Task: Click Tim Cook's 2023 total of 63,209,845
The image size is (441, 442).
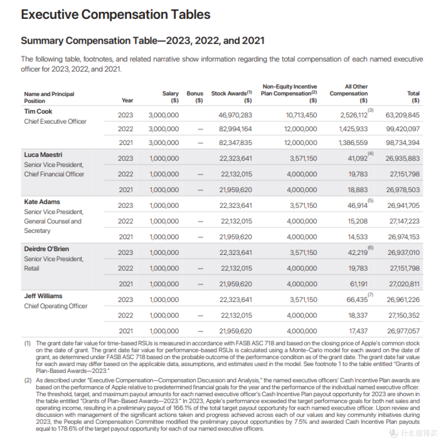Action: pyautogui.click(x=402, y=115)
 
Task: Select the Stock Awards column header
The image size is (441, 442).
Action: pyautogui.click(x=232, y=97)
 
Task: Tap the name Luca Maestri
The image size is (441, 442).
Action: pyautogui.click(x=43, y=155)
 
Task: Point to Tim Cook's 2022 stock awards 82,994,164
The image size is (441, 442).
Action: pyautogui.click(x=236, y=129)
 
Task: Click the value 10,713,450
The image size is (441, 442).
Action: pyautogui.click(x=301, y=115)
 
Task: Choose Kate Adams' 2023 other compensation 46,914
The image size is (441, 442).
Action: pyautogui.click(x=357, y=205)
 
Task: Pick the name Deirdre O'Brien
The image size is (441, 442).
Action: pyautogui.click(x=47, y=249)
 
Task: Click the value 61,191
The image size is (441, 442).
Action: pyautogui.click(x=359, y=284)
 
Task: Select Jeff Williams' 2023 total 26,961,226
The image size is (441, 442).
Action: pyautogui.click(x=403, y=300)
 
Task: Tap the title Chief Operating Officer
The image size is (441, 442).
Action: pyautogui.click(x=56, y=306)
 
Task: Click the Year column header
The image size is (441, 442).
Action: pyautogui.click(x=127, y=100)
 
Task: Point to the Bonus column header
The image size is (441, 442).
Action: pyautogui.click(x=195, y=97)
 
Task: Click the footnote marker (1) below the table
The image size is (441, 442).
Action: pyautogui.click(x=28, y=343)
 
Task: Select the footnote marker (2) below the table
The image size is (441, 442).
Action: pyautogui.click(x=28, y=380)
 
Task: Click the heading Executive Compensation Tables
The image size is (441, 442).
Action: pyautogui.click(x=116, y=14)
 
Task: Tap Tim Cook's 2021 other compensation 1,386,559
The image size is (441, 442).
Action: pyautogui.click(x=353, y=143)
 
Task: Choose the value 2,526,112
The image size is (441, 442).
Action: pyautogui.click(x=354, y=115)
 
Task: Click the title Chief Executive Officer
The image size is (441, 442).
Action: pyautogui.click(x=55, y=121)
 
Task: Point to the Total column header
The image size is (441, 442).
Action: pyautogui.click(x=413, y=97)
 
